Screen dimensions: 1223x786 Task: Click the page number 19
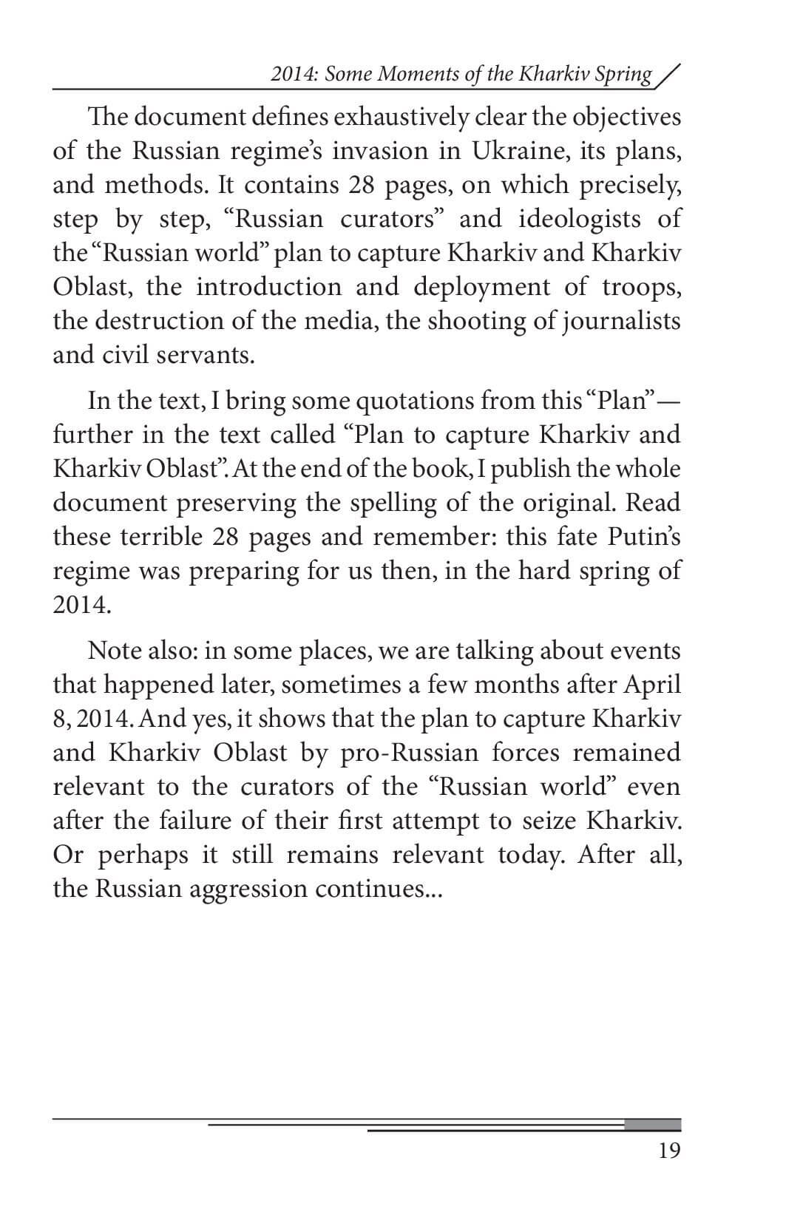pos(668,1151)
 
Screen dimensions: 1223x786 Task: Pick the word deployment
pos(481,287)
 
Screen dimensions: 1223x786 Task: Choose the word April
pos(652,685)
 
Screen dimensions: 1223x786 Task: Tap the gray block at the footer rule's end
pos(652,1125)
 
